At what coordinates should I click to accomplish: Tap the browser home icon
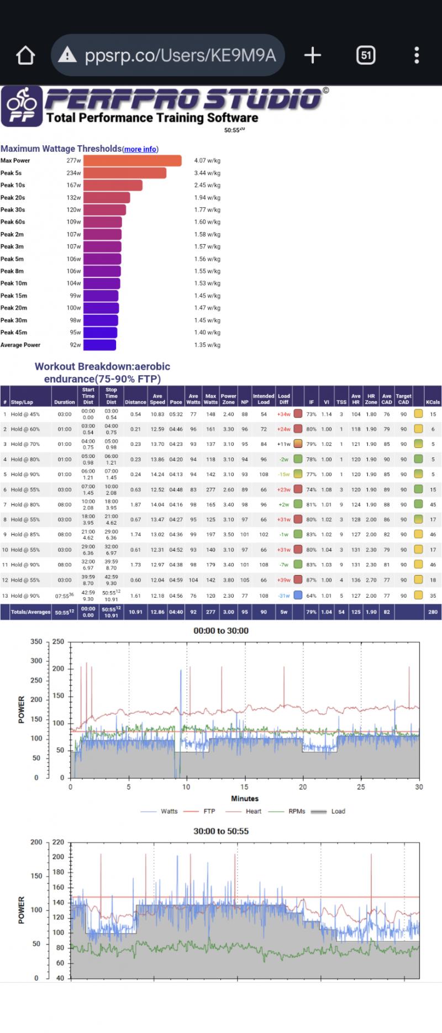coord(25,55)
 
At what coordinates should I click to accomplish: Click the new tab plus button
coord(312,55)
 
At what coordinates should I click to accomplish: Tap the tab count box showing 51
coord(366,55)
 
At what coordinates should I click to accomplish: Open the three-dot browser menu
coord(417,55)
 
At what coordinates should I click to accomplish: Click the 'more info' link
coord(140,149)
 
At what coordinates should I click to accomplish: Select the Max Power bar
coord(132,161)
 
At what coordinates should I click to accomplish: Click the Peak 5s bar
coord(125,173)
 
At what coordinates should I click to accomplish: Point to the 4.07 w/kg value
coord(207,161)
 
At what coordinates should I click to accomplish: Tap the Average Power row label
coord(20,345)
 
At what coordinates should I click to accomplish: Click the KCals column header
coord(433,402)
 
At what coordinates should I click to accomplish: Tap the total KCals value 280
coord(433,612)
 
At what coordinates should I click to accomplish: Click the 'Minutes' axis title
coord(245,799)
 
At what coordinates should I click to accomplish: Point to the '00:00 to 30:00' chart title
coord(221,631)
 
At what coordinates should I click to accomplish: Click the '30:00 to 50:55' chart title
coord(221,831)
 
